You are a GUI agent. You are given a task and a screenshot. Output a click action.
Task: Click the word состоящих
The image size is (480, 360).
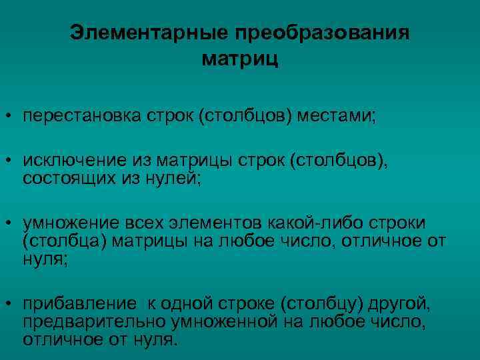(x=63, y=178)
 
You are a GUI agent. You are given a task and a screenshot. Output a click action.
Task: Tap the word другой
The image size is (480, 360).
(x=403, y=305)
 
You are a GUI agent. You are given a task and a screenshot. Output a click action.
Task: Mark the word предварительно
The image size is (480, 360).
(x=91, y=323)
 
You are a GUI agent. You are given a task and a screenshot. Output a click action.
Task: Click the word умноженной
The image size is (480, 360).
(x=220, y=323)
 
